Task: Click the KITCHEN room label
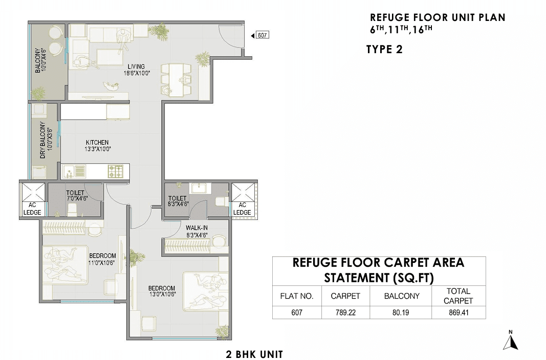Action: tap(97, 142)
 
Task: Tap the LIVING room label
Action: tap(136, 66)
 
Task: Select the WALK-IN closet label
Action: tap(196, 228)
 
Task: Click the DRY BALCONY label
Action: tap(43, 140)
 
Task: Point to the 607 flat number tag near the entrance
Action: tap(263, 35)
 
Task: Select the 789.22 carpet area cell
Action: tap(345, 312)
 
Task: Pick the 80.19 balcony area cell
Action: tap(401, 312)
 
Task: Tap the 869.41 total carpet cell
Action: tap(458, 312)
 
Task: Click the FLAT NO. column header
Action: tap(297, 296)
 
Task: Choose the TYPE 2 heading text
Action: tap(384, 50)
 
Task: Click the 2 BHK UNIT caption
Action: tap(254, 354)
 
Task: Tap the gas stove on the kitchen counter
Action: tap(116, 171)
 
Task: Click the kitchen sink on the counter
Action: tap(74, 171)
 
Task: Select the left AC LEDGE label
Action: tap(32, 209)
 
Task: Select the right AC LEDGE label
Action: tap(242, 209)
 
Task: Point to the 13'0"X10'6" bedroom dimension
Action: tap(162, 294)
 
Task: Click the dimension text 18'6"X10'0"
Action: tap(137, 74)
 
